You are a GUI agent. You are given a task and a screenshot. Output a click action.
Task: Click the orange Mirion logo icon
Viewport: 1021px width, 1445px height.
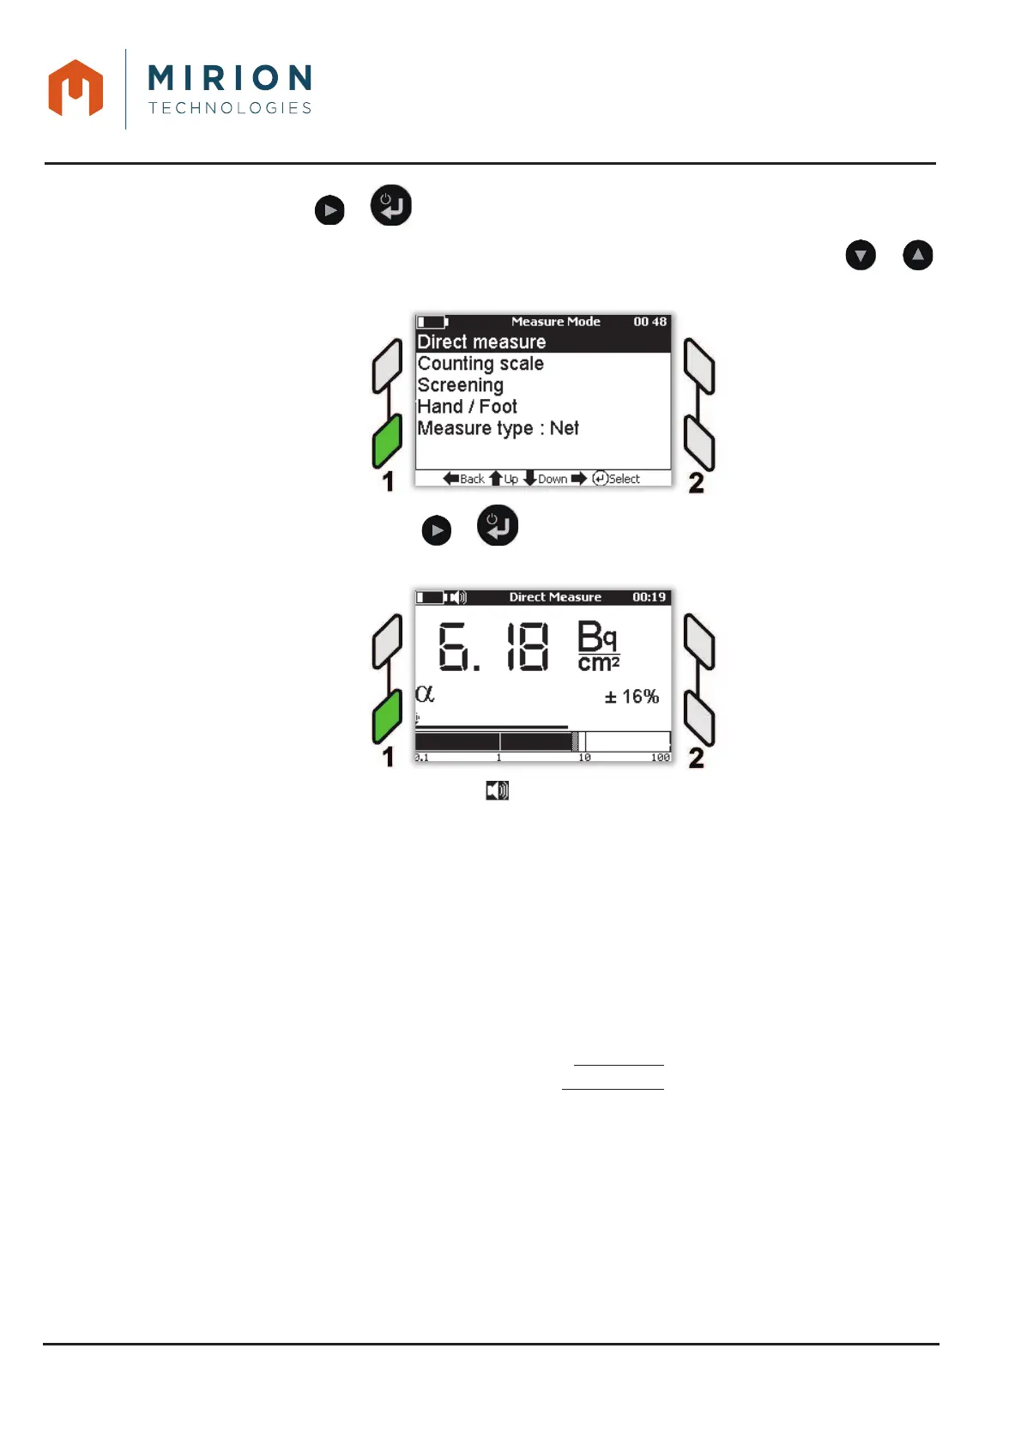click(76, 88)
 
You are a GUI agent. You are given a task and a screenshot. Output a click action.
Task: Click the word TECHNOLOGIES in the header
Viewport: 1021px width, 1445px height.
click(230, 108)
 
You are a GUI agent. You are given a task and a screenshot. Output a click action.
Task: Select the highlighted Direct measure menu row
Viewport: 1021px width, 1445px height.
click(481, 342)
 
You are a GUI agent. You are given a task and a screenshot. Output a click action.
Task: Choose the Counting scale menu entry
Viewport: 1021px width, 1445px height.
click(480, 364)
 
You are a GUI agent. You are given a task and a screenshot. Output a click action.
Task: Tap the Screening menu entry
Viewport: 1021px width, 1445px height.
click(461, 385)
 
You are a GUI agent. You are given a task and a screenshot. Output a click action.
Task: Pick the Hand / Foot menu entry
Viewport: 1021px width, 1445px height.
click(468, 407)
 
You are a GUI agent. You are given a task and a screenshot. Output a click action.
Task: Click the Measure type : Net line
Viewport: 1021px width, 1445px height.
click(498, 428)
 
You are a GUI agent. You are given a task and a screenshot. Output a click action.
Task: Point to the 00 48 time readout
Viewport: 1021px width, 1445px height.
click(649, 322)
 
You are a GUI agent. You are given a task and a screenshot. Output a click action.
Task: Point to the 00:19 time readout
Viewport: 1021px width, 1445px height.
click(649, 597)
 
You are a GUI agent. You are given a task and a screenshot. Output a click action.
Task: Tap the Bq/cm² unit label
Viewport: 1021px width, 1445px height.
click(598, 647)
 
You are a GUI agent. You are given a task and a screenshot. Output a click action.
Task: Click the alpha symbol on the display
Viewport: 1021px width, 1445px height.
click(425, 693)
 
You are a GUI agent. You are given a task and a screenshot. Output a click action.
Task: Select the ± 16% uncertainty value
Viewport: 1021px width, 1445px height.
click(631, 697)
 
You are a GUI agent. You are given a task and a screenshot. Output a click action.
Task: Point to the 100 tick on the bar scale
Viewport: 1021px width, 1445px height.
click(660, 758)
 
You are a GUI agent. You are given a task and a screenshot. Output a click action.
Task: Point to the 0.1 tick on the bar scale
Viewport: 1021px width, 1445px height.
click(421, 758)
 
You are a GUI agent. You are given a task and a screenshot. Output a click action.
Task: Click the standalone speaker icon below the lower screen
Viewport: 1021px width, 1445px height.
click(498, 790)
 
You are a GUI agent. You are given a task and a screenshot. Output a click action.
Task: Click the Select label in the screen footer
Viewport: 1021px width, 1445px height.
click(624, 479)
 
